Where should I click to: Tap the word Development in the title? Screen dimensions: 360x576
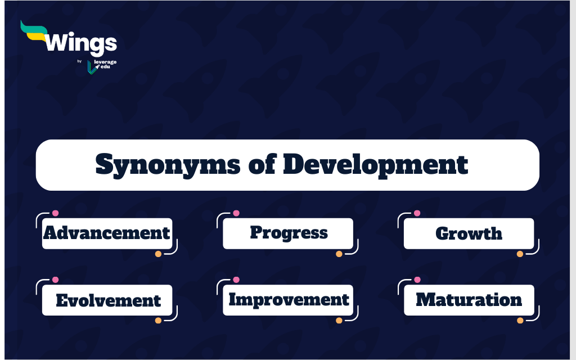375,165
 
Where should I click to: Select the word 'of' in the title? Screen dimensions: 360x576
262,165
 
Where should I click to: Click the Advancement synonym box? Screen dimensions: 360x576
107,233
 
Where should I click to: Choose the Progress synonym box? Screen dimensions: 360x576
288,233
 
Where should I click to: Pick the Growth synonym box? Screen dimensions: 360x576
469,233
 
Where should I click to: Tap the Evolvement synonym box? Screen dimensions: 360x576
107,300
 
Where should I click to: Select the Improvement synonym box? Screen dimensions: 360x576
288,300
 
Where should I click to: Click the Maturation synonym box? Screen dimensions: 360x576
469,300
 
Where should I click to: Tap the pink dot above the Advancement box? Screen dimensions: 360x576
55,213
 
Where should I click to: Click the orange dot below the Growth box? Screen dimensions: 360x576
520,254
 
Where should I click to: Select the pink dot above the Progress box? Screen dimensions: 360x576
236,213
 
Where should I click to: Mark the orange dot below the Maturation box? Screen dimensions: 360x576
520,320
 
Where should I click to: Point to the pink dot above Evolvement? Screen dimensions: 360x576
55,280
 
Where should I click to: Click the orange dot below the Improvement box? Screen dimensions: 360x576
339,320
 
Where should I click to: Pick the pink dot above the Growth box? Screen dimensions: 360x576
417,213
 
